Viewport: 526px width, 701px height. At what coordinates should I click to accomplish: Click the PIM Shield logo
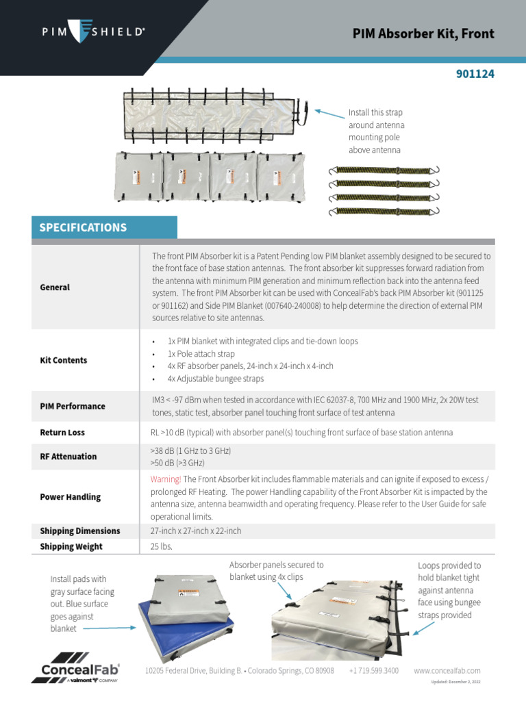tap(93, 31)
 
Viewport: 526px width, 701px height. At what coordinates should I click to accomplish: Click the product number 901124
tap(475, 74)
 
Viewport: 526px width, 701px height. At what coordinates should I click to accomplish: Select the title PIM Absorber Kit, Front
tap(423, 34)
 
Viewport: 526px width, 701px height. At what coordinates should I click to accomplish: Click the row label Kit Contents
tap(64, 360)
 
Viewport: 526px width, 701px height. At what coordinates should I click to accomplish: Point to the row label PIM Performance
tap(73, 406)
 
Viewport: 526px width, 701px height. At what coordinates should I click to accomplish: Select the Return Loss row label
tap(62, 433)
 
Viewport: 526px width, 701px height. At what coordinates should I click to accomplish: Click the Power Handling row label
tap(70, 497)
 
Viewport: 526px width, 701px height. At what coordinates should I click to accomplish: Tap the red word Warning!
tap(166, 479)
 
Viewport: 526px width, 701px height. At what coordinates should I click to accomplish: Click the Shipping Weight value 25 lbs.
tap(162, 546)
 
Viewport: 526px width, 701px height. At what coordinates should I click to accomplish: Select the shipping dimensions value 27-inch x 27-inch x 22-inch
tap(196, 531)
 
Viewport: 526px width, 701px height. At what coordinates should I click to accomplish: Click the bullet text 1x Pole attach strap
tap(201, 354)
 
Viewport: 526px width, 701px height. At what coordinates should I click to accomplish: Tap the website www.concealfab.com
tap(447, 671)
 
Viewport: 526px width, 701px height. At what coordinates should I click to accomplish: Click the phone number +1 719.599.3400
tap(374, 671)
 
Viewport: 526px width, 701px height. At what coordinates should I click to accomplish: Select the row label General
tap(55, 288)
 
